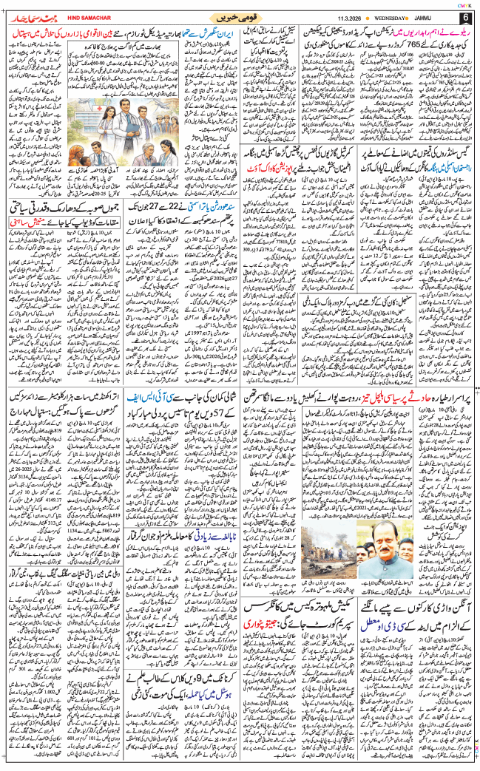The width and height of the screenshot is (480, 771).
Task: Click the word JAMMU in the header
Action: point(436,16)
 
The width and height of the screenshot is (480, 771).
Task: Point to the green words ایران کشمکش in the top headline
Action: point(229,33)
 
